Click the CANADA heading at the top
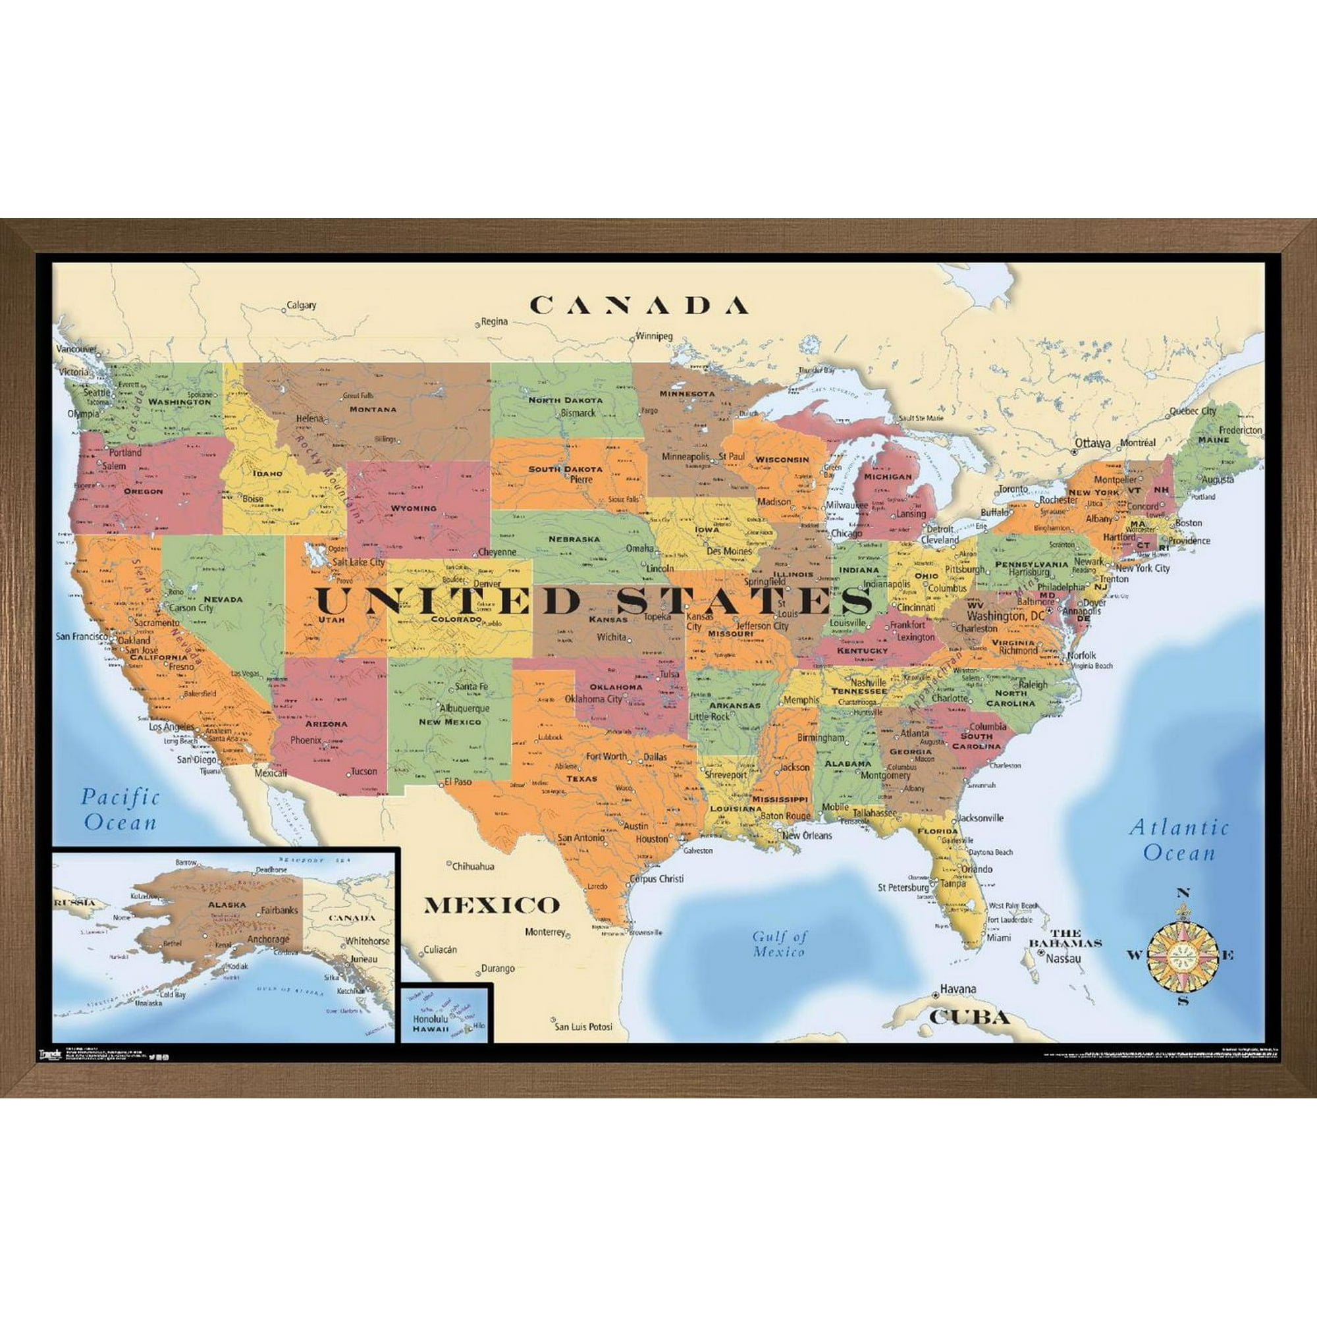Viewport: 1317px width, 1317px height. click(639, 306)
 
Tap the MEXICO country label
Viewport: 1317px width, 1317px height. click(491, 905)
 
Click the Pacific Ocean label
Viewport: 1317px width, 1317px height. click(120, 809)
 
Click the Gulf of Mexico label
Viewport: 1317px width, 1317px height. click(779, 944)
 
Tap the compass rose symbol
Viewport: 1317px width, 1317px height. click(1183, 955)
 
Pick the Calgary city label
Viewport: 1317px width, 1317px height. click(302, 306)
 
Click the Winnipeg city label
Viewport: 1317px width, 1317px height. click(655, 336)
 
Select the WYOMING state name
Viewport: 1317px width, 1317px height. click(413, 508)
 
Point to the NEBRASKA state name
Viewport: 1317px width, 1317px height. click(574, 539)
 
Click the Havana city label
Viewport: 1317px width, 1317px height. click(957, 988)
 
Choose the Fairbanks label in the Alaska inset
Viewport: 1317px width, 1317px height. click(279, 910)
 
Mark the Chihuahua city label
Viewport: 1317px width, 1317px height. click(473, 867)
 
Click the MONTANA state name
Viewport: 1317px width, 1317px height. click(372, 409)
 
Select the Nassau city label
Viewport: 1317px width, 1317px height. click(1063, 958)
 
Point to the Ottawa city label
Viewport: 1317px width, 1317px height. click(1092, 443)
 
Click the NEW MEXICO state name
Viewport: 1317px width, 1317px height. click(450, 721)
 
